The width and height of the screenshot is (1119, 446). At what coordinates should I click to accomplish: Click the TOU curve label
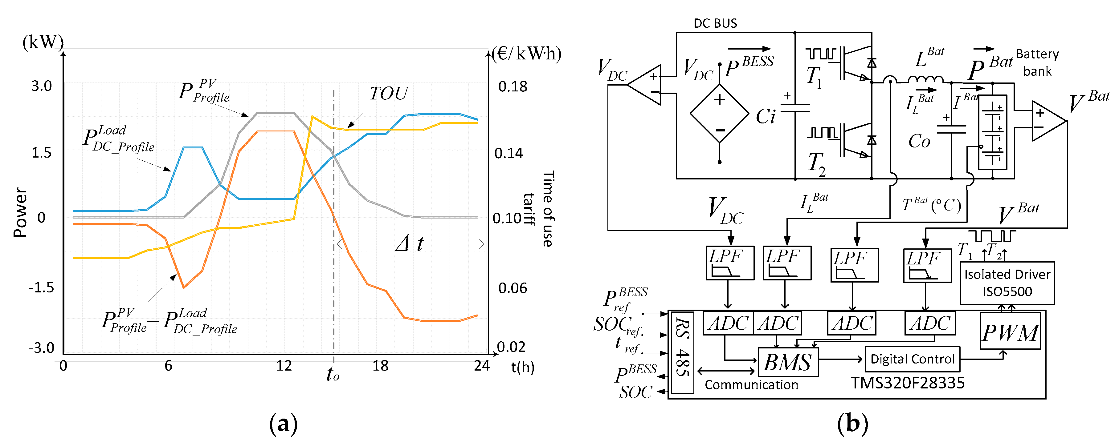click(x=389, y=93)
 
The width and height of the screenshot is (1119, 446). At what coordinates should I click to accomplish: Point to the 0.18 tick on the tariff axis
click(x=513, y=87)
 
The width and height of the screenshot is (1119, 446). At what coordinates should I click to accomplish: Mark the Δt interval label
click(x=409, y=243)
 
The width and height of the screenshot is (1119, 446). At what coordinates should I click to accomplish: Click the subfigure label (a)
click(x=283, y=424)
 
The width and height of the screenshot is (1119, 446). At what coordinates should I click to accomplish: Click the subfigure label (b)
click(x=852, y=424)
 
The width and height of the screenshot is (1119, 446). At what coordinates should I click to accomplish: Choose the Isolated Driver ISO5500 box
click(x=1007, y=283)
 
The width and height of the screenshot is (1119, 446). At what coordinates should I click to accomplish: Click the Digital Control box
click(x=912, y=359)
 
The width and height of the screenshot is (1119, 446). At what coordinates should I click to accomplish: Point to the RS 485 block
click(x=682, y=352)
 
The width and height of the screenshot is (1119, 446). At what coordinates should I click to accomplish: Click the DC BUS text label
click(x=715, y=23)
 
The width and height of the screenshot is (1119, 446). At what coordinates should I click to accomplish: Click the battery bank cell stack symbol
click(x=993, y=132)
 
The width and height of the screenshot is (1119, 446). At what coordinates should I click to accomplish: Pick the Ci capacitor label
click(x=766, y=116)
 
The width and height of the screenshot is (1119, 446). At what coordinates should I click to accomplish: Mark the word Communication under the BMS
click(x=751, y=385)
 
